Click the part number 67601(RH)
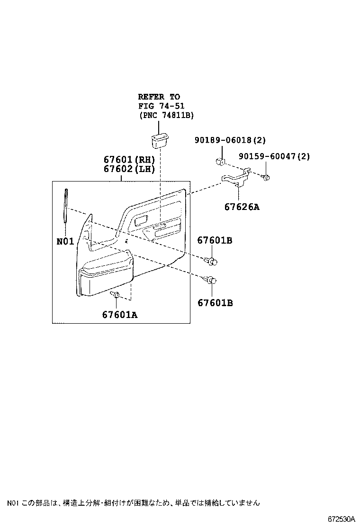[x=129, y=160]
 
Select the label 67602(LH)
[x=129, y=169]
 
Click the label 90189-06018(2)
[x=230, y=140]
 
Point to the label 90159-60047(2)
[x=274, y=156]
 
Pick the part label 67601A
[x=119, y=314]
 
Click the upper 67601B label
[x=215, y=241]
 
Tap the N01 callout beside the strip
[x=65, y=241]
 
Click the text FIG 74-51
[x=161, y=106]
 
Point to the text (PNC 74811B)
[x=167, y=115]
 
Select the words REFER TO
[x=159, y=97]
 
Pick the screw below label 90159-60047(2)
[x=266, y=178]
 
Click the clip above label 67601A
[x=114, y=296]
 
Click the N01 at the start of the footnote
[x=12, y=502]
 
